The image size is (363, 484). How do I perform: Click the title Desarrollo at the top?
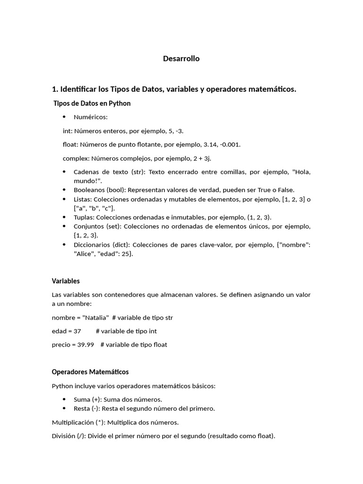coord(181,59)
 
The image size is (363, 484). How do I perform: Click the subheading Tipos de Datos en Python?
coord(92,103)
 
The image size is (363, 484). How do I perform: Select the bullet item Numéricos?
coord(91,117)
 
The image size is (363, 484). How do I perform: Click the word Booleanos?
coord(90,190)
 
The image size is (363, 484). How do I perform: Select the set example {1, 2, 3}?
coord(85,235)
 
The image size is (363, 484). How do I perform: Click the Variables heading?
coord(66,281)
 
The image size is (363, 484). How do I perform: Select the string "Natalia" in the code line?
coord(95,317)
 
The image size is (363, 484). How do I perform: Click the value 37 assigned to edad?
coord(77,331)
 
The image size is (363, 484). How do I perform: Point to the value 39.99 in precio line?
coord(86,345)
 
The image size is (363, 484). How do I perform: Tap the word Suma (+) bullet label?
coord(87,399)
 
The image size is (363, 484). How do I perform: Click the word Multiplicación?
coord(73,422)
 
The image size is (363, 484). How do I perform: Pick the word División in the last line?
coord(63,436)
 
